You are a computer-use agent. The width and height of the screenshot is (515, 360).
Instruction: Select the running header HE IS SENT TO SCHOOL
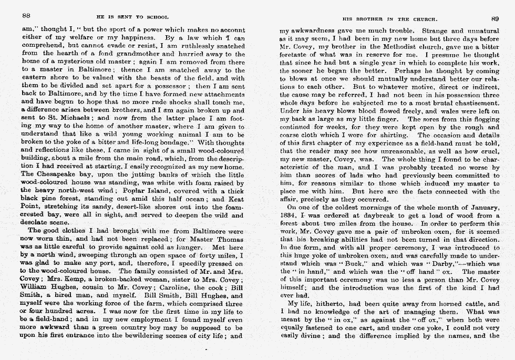(132, 17)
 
